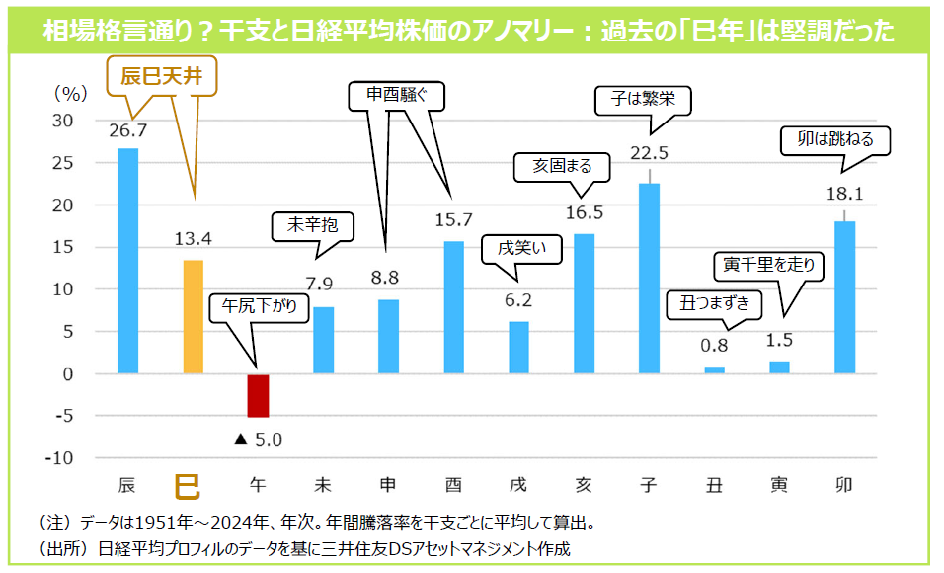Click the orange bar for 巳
point(194,317)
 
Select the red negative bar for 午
point(259,395)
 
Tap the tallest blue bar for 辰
point(128,261)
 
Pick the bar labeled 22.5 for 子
point(650,278)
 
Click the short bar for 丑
point(715,369)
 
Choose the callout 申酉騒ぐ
point(398,96)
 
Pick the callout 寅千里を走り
point(773,264)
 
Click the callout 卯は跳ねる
point(834,140)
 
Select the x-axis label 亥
point(584,486)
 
